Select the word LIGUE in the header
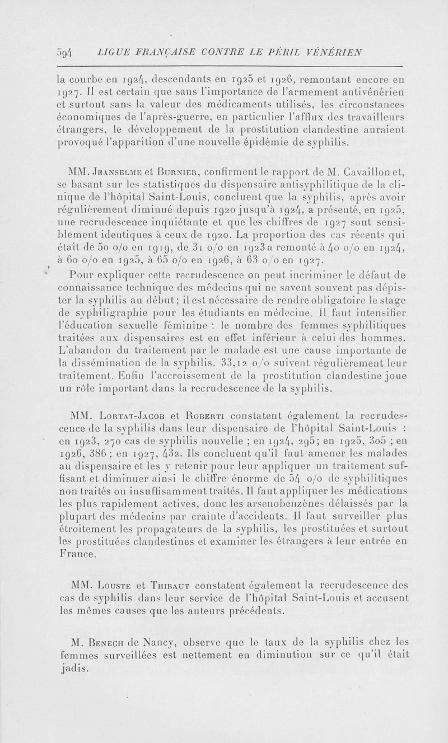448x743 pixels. coord(110,53)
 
